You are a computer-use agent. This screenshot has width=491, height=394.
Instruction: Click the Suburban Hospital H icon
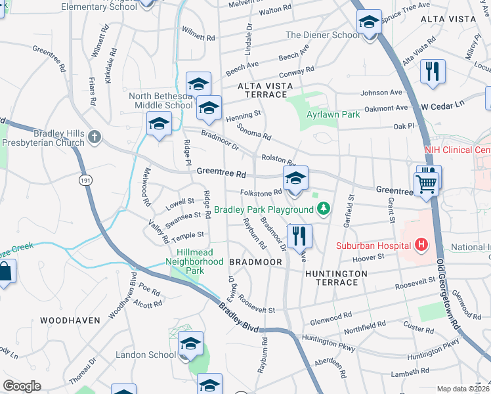[x=421, y=246]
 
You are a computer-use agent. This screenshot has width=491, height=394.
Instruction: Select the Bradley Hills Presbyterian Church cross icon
[x=95, y=137]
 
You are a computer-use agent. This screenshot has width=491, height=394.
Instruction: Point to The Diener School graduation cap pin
[x=370, y=24]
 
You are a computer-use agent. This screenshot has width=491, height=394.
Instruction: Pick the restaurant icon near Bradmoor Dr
[x=299, y=236]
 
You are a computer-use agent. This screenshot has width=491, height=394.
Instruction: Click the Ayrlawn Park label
[x=333, y=114]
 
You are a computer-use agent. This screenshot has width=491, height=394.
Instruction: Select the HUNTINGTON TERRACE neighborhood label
[x=331, y=277]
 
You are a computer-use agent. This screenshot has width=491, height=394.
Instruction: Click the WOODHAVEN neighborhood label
[x=70, y=320]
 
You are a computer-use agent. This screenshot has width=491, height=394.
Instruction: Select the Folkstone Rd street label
[x=261, y=192]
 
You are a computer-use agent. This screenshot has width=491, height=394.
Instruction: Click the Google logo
[x=22, y=386]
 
